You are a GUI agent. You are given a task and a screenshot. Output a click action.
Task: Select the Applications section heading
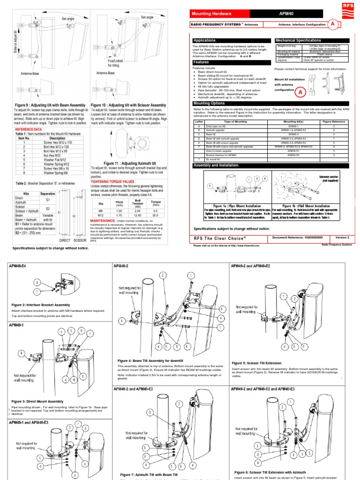click(x=205, y=41)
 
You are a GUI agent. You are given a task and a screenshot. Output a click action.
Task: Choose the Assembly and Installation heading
click(x=216, y=165)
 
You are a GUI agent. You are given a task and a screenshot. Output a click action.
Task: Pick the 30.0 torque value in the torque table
click(x=156, y=215)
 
